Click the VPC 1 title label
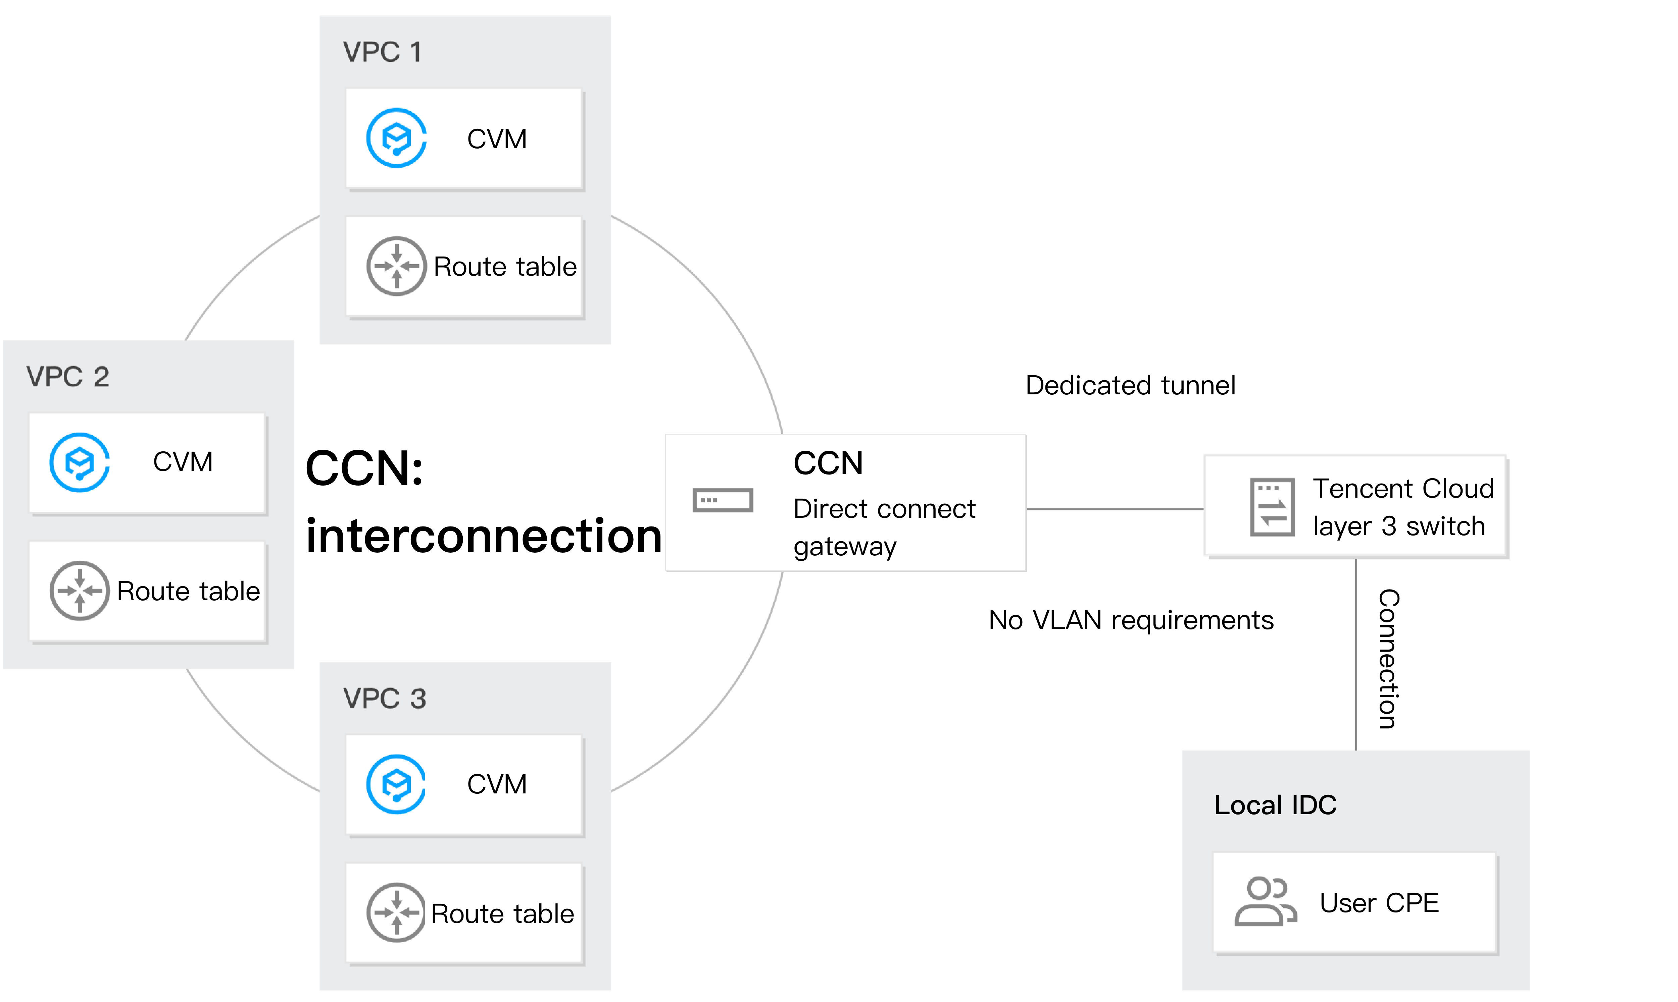tap(382, 52)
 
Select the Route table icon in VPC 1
tap(397, 266)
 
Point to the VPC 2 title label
tap(67, 377)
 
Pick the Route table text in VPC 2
tap(189, 592)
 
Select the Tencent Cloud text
tap(1403, 488)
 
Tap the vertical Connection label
tap(1389, 659)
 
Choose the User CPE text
tap(1379, 903)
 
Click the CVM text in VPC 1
tap(496, 139)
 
